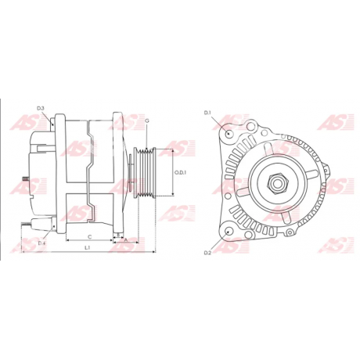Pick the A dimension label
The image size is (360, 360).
point(125,240)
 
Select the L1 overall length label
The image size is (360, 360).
point(87,247)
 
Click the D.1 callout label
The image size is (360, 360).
point(207,113)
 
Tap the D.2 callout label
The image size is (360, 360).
point(207,252)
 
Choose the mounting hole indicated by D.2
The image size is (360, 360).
point(228,231)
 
